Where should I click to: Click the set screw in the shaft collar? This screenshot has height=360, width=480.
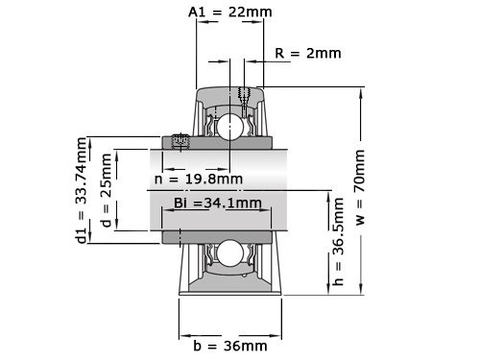pos(179,142)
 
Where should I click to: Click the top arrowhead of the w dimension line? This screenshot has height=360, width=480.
pos(359,88)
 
